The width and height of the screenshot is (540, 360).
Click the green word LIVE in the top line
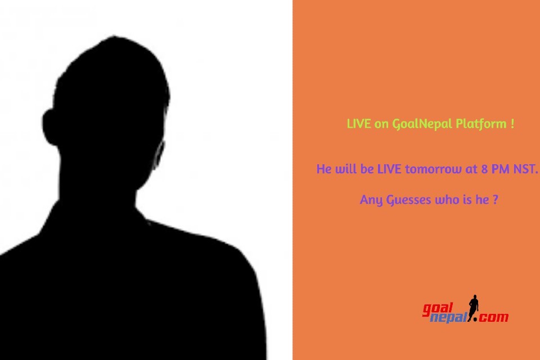[x=358, y=124]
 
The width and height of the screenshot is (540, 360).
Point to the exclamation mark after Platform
[x=512, y=124]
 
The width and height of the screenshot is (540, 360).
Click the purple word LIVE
[x=389, y=169]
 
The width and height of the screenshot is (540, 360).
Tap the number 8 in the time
[x=484, y=169]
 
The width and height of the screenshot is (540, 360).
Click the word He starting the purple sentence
[x=324, y=169]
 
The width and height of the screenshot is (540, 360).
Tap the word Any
[x=371, y=200]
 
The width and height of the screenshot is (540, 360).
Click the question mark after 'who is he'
[x=495, y=200]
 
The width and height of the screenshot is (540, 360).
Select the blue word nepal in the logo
[x=449, y=317]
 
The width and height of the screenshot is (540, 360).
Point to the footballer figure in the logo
[x=474, y=308]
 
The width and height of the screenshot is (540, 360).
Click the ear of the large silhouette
[x=50, y=127]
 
